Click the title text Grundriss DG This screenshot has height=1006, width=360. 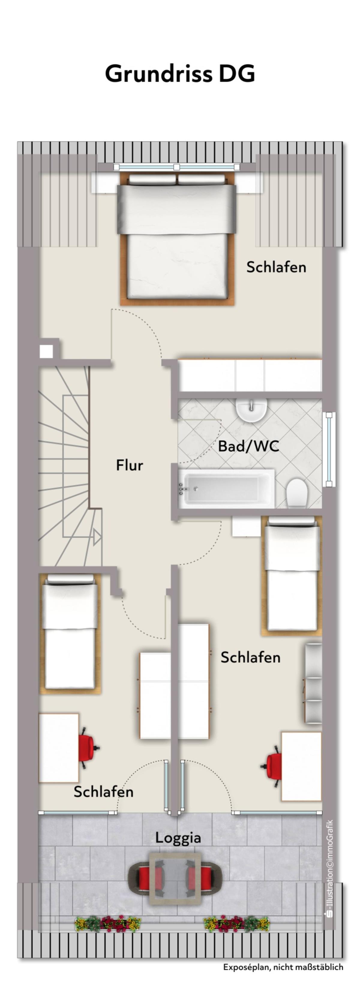(180, 74)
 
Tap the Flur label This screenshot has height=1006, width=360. (130, 465)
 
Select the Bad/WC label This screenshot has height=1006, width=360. (248, 446)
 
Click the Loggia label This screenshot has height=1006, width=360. (178, 838)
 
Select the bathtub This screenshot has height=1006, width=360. (226, 488)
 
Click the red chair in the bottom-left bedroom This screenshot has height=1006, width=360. (88, 748)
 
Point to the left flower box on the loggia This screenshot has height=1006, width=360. (108, 924)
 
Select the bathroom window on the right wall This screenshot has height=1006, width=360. (329, 449)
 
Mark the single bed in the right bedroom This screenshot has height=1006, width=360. (292, 575)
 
